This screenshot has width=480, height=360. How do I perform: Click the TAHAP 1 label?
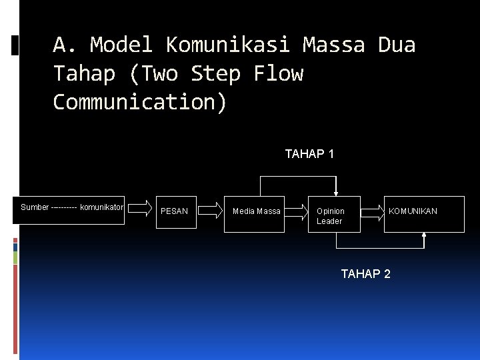pos(309,154)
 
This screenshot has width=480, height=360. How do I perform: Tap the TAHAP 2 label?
pos(365,273)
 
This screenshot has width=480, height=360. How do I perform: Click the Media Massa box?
pos(256,212)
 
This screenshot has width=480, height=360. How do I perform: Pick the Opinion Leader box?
pos(333,215)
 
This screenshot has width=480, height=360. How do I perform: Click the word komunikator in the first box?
pos(101,207)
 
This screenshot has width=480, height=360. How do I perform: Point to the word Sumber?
pos(35,207)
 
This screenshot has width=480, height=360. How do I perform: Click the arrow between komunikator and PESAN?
pos(139,209)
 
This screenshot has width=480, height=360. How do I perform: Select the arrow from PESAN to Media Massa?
pos(210,211)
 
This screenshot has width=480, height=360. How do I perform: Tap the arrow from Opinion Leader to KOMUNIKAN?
pos(373,211)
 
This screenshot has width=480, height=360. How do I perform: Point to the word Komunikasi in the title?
pos(227,45)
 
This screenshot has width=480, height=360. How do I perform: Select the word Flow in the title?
pos(278,73)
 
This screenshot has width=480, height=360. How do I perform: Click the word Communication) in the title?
pos(140,102)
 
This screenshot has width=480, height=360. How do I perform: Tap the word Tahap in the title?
pos(85,73)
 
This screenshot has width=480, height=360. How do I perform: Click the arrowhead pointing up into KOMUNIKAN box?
pos(425,235)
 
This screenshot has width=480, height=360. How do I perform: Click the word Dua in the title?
pos(397,45)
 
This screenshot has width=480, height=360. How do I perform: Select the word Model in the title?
pos(121,45)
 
